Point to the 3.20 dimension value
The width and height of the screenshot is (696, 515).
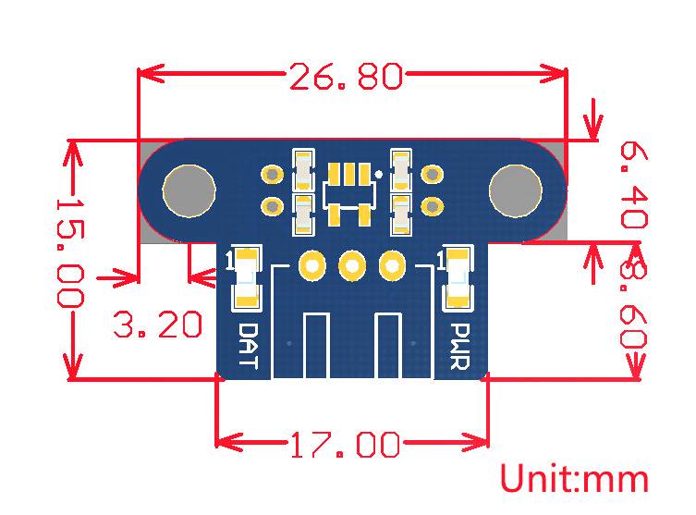pos(157,325)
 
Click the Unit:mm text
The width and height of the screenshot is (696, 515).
pos(574,479)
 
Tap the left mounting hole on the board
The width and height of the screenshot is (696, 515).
pos(189,190)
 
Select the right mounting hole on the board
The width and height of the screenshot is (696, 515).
pos(516,190)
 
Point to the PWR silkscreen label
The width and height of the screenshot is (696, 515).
pos(459,345)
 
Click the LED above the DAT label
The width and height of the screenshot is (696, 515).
pos(245,276)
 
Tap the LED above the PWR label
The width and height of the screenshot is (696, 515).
pos(458,276)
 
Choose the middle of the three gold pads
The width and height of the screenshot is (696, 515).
pos(352,267)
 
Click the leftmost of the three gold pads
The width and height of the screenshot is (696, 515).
pos(312,267)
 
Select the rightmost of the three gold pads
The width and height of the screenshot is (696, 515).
pos(393,267)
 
